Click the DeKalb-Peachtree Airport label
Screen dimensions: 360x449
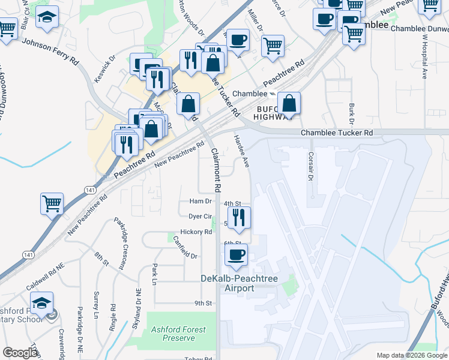(237, 283)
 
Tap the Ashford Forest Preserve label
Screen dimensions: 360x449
(178, 334)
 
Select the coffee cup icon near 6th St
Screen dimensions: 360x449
(236, 255)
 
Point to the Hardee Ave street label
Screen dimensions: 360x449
(242, 151)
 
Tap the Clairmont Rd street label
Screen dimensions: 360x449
(215, 171)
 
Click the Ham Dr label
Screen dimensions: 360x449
(201, 201)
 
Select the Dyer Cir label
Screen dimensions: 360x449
(200, 216)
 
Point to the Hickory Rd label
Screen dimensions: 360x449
(196, 232)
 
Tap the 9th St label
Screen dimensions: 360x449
(203, 303)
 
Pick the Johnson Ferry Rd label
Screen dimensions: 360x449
(50, 52)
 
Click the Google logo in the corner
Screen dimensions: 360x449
(20, 353)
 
